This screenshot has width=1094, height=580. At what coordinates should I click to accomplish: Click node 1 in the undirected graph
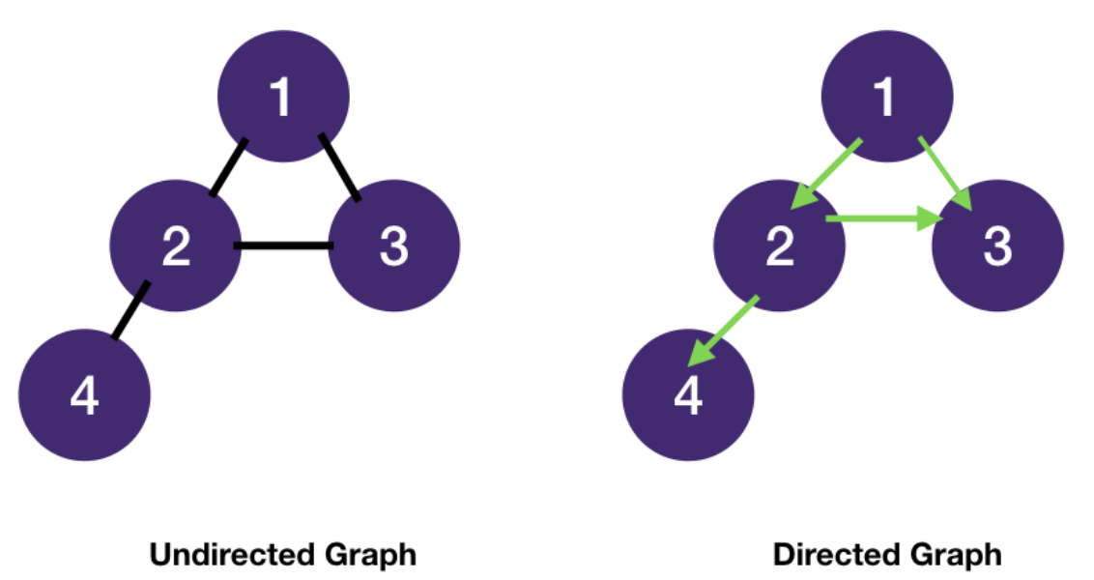(x=281, y=97)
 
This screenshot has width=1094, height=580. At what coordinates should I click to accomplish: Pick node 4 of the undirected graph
(x=85, y=395)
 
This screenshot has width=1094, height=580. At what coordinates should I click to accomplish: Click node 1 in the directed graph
(x=886, y=97)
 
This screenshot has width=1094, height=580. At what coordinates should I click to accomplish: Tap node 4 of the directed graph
(x=688, y=395)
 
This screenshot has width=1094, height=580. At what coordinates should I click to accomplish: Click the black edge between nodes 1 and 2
(x=228, y=167)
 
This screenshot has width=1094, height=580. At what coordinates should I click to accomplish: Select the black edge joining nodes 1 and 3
(x=339, y=167)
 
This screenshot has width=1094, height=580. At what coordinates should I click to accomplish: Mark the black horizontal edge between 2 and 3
(x=284, y=246)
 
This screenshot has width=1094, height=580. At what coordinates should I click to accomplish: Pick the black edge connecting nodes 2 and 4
(x=130, y=310)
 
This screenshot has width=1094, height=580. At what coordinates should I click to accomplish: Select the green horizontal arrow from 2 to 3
(x=883, y=220)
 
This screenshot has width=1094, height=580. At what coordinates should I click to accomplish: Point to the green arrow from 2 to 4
(x=723, y=331)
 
